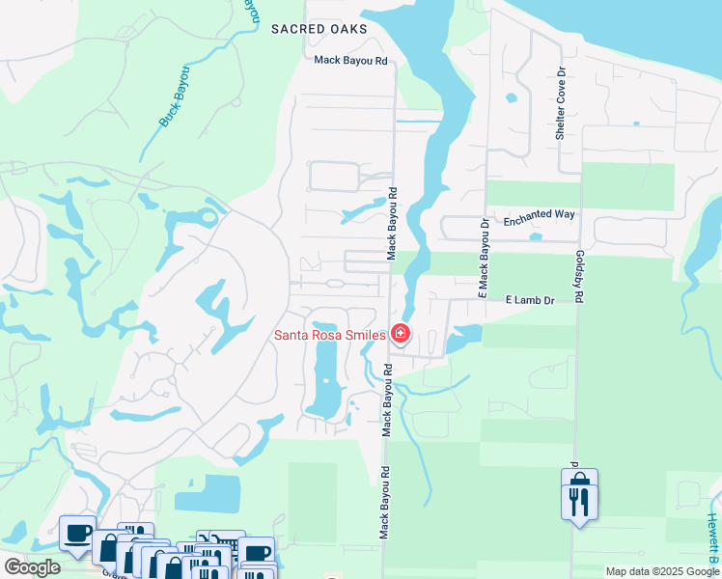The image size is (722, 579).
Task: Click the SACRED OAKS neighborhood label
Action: [x=319, y=30]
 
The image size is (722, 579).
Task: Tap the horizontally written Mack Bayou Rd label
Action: [x=350, y=60]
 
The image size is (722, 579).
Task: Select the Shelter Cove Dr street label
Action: [x=559, y=104]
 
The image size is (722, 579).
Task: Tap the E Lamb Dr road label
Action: [x=530, y=300]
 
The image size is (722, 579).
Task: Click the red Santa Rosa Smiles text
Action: [x=330, y=335]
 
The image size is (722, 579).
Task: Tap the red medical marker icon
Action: [x=401, y=335]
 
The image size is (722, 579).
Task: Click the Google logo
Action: [x=32, y=567]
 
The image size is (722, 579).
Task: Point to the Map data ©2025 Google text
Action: [x=662, y=571]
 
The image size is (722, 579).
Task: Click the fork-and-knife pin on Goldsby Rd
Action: [x=579, y=503]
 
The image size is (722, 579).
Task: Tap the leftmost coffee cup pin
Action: [x=77, y=532]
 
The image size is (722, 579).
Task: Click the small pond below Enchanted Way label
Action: [x=535, y=237]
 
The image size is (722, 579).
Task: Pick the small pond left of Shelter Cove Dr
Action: [x=510, y=97]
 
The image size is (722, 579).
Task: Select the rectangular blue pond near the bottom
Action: [x=207, y=493]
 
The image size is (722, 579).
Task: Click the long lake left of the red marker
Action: [x=326, y=372]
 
